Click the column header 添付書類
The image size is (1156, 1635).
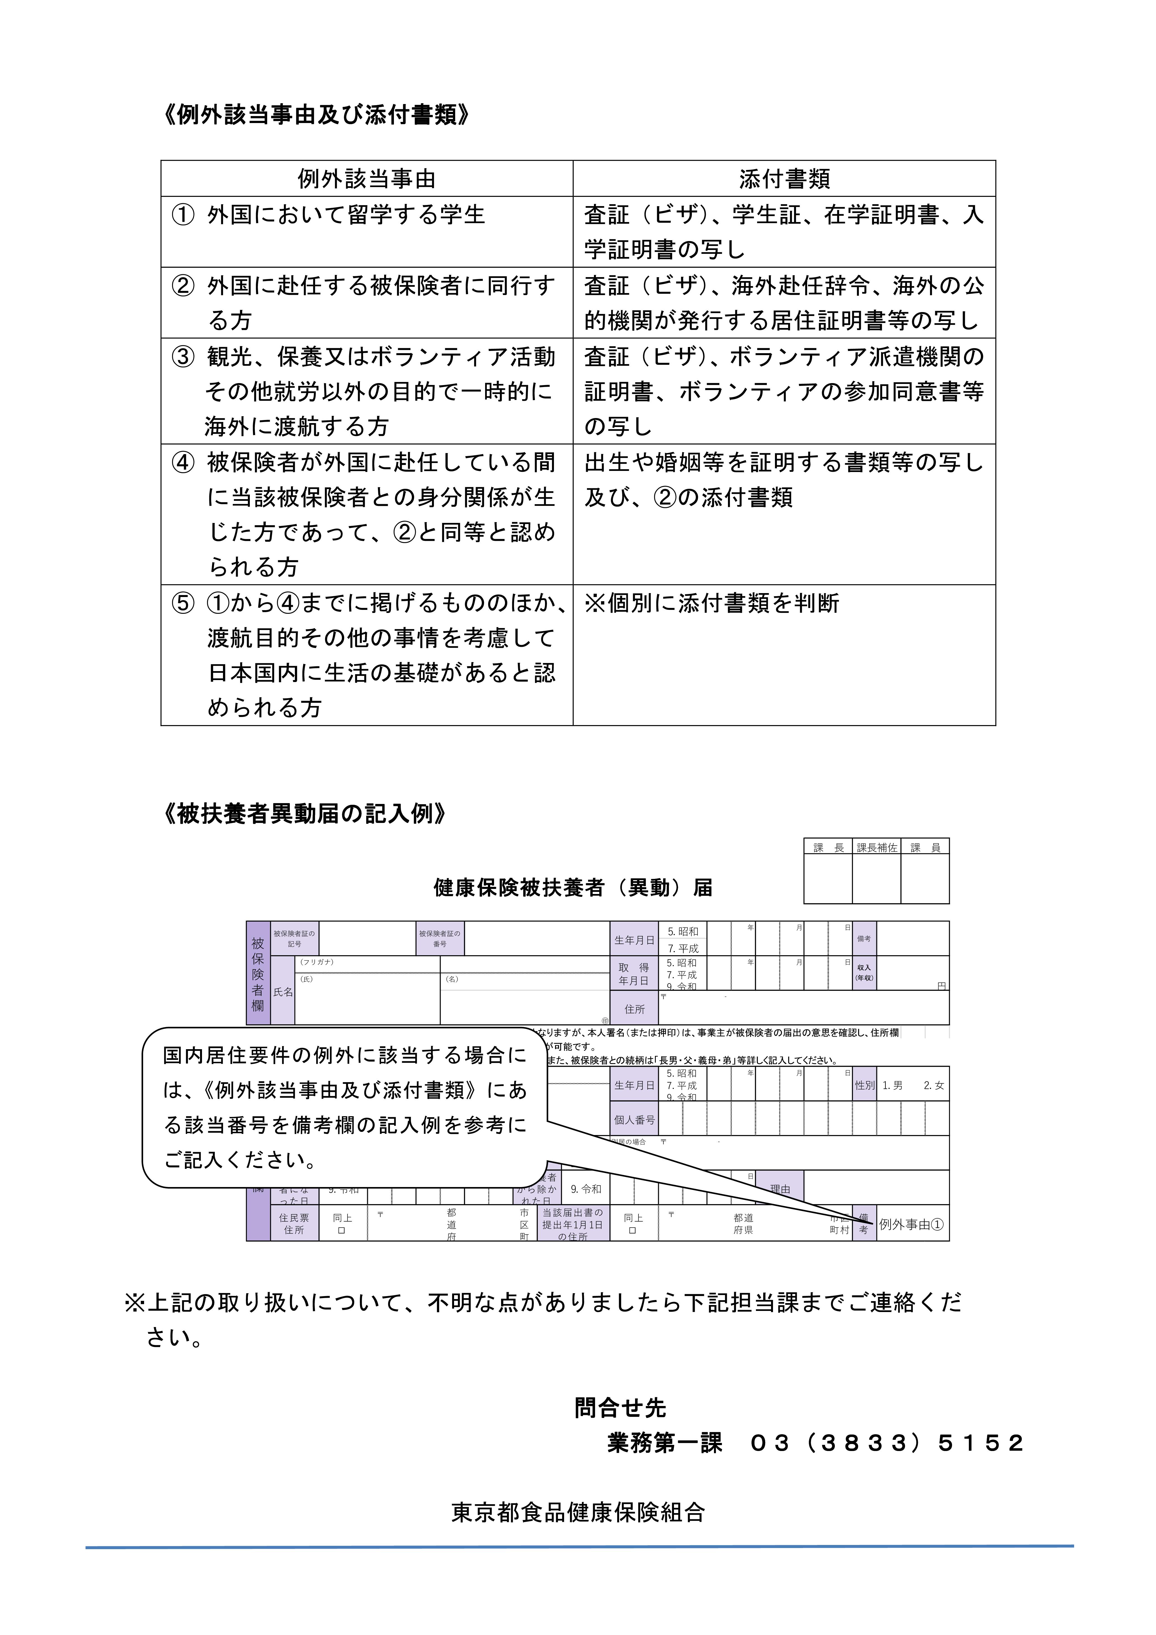[784, 179]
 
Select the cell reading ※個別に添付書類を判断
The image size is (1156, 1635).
[711, 603]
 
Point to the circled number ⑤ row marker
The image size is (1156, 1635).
[183, 603]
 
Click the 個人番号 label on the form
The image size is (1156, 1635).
[634, 1120]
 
